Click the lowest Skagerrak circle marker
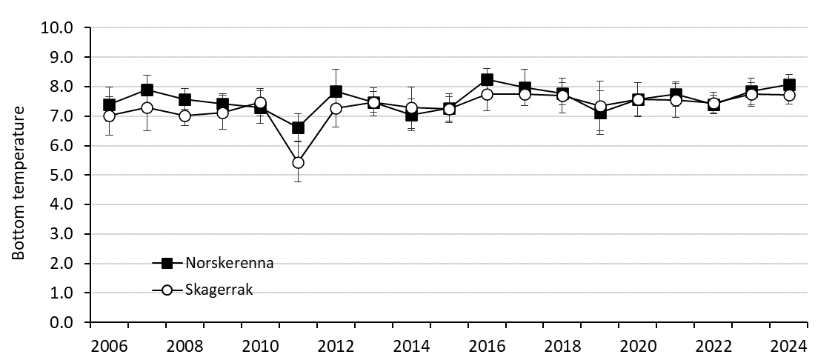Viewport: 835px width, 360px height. click(x=298, y=162)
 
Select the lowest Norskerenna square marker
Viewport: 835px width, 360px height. click(x=298, y=128)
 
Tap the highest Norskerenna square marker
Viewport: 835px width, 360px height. click(x=487, y=79)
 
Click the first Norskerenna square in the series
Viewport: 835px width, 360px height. click(x=109, y=105)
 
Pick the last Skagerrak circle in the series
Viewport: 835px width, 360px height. click(x=789, y=95)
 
